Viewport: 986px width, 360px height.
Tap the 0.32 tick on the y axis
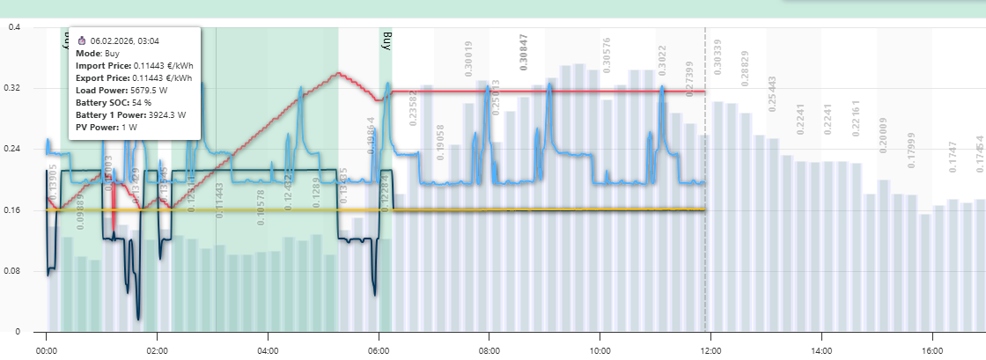pyautogui.click(x=14, y=88)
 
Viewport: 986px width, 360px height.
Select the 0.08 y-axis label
pyautogui.click(x=14, y=271)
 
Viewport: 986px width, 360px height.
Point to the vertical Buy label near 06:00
pyautogui.click(x=386, y=40)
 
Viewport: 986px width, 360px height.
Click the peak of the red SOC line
pyautogui.click(x=338, y=73)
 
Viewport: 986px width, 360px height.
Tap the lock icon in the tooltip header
pyautogui.click(x=81, y=40)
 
